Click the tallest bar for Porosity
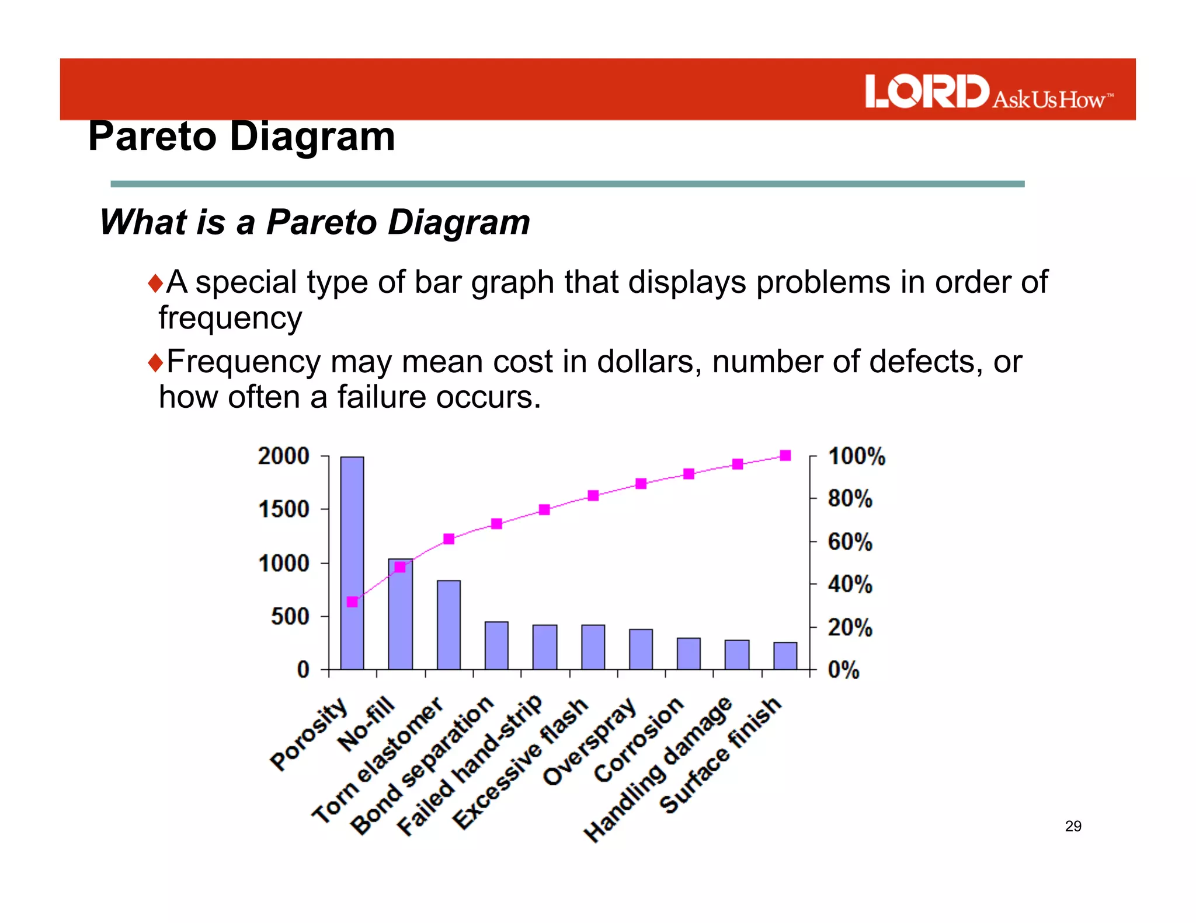(x=352, y=563)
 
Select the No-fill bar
(x=400, y=616)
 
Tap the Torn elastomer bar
(x=448, y=625)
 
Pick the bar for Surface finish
(x=785, y=656)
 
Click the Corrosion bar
(x=689, y=653)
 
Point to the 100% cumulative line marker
(x=785, y=456)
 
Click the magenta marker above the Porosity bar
(x=352, y=602)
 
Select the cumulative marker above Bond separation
(x=496, y=523)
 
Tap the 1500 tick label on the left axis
(x=284, y=509)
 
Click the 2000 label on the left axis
(x=284, y=456)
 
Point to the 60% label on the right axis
(x=850, y=542)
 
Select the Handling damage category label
(x=658, y=770)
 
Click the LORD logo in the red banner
(x=927, y=91)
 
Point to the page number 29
(x=1073, y=826)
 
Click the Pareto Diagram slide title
(x=242, y=137)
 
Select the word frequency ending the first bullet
(x=231, y=318)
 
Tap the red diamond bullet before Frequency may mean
(x=155, y=362)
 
